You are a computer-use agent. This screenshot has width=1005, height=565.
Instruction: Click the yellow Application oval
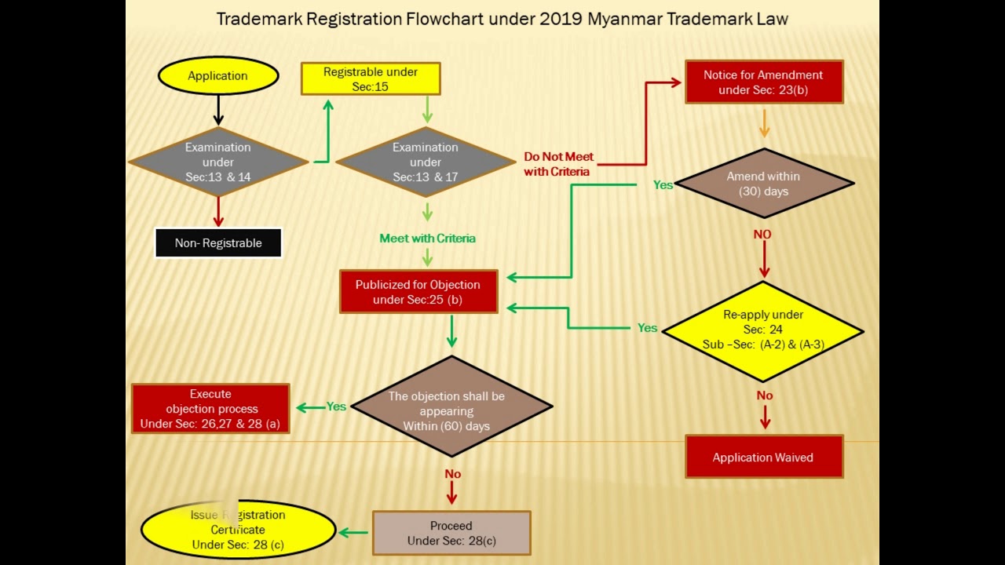[x=218, y=75]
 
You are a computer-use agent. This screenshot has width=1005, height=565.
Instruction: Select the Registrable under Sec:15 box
[x=371, y=79]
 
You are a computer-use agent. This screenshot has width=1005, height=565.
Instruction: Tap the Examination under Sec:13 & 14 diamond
[x=218, y=162]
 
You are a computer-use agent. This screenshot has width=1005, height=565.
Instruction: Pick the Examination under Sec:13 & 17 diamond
[x=426, y=162]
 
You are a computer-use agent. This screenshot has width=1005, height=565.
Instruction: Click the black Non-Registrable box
[x=218, y=243]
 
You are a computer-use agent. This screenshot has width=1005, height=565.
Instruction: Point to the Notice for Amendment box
[x=764, y=82]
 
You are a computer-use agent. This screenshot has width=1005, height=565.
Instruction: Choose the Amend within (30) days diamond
[x=764, y=184]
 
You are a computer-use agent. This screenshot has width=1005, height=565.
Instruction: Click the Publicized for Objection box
[x=418, y=291]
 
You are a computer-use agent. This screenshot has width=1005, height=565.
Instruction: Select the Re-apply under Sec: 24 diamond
[x=763, y=331]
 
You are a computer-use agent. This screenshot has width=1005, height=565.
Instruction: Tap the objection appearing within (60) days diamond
[x=451, y=406]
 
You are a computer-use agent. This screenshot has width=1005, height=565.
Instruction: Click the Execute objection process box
[x=210, y=409]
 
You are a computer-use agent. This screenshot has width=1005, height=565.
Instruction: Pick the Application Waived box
[x=764, y=457]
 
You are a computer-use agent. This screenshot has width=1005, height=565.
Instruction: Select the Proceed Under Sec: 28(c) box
[x=451, y=533]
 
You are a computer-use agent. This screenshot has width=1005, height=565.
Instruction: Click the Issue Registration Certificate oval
[x=238, y=530]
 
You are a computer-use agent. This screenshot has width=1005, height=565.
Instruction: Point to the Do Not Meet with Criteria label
[x=558, y=164]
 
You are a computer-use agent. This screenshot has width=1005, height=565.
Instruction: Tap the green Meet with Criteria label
[x=428, y=238]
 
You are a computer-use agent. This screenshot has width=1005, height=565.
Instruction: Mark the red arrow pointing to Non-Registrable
[x=218, y=212]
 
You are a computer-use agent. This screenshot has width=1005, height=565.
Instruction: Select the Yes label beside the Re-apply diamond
[x=648, y=328]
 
